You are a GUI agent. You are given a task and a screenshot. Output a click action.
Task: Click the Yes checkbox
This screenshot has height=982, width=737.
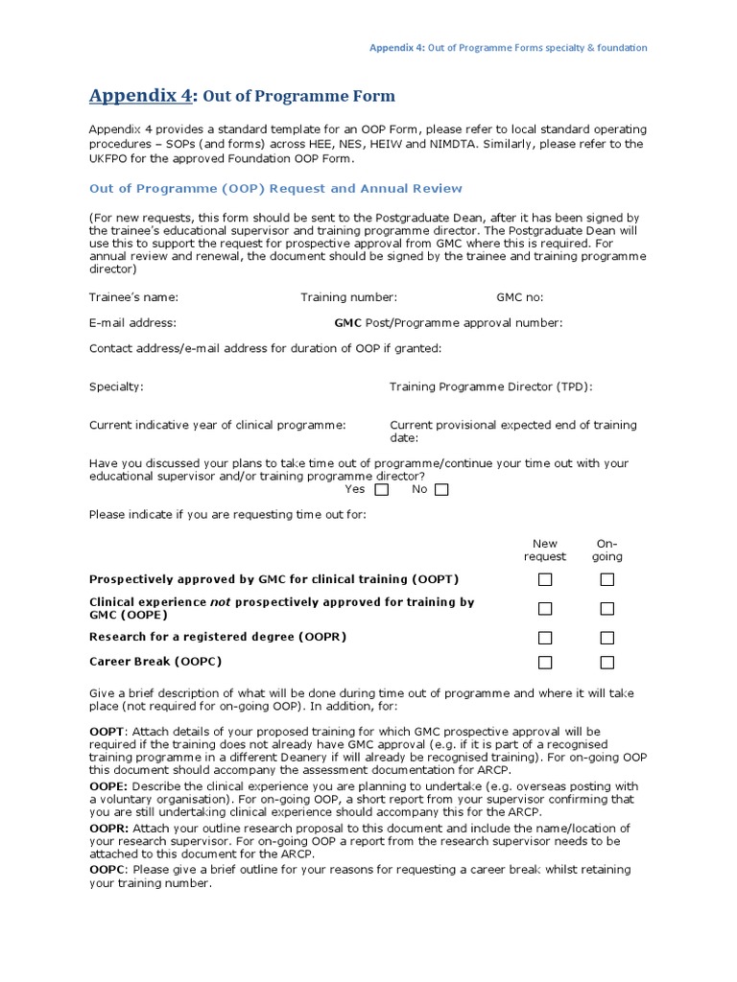click(x=381, y=490)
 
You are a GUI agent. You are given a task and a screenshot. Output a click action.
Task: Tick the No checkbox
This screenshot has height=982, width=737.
click(x=441, y=490)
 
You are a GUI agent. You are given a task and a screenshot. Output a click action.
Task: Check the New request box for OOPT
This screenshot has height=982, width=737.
click(x=545, y=579)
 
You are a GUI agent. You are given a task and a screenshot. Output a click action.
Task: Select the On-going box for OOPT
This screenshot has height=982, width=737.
click(x=606, y=579)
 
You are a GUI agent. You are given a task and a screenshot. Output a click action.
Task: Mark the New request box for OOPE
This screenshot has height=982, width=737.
click(x=545, y=608)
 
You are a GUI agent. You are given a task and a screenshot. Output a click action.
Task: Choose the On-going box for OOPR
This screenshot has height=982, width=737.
click(x=606, y=638)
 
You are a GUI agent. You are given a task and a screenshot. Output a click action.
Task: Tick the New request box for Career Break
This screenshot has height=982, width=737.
click(x=545, y=663)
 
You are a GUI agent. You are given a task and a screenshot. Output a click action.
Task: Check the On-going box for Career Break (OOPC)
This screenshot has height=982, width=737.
click(x=606, y=663)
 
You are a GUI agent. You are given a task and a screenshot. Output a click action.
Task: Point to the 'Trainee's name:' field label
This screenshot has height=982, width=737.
click(x=133, y=297)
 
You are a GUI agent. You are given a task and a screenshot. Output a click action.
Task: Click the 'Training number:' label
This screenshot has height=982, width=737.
click(x=348, y=297)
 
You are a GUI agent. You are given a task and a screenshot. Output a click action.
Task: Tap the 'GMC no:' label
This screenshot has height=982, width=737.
click(x=519, y=297)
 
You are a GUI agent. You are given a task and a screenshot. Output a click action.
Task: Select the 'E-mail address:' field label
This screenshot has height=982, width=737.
click(x=132, y=323)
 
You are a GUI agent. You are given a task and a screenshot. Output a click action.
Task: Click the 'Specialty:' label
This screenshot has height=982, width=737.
click(x=116, y=386)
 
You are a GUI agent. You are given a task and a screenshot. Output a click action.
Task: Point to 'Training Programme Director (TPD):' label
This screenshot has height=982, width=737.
click(x=490, y=386)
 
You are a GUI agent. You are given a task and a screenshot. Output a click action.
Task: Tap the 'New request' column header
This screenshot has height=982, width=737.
click(x=544, y=549)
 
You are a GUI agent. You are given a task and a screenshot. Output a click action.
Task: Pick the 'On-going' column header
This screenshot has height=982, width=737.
click(x=606, y=549)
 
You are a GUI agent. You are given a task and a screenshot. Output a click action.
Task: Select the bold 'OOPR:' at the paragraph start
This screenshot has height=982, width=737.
click(x=109, y=828)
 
